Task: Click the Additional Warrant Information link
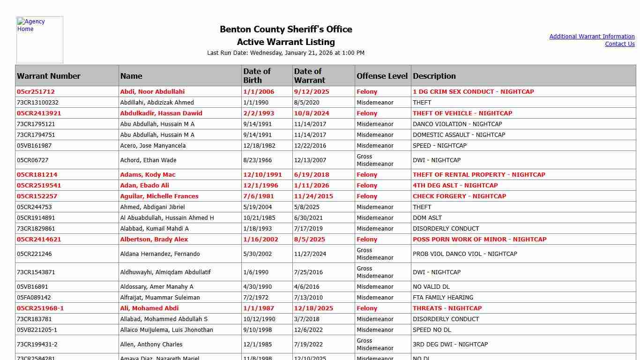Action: point(592,37)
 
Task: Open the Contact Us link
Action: point(619,44)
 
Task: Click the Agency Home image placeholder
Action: point(40,40)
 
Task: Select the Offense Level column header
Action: point(382,76)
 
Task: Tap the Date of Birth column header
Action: point(257,75)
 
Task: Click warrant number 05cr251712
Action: point(36,92)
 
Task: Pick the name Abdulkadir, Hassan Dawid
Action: point(161,113)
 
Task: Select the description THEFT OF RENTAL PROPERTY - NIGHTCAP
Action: point(479,175)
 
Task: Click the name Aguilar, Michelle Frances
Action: point(159,196)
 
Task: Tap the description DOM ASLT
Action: point(427,218)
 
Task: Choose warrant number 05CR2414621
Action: point(39,240)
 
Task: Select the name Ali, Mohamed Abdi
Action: point(149,308)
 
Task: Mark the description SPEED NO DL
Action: point(432,330)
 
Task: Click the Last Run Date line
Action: point(286,53)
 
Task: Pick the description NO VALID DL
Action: point(433,287)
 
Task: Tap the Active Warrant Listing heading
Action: point(286,42)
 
